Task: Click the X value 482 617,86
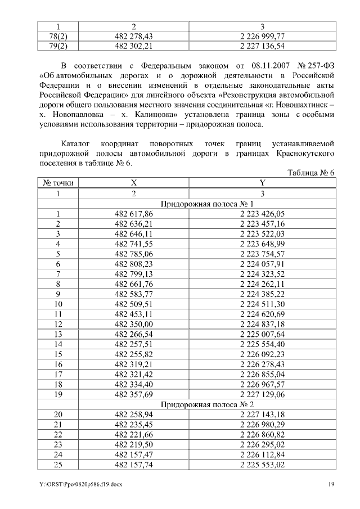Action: (133, 214)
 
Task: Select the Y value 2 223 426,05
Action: (262, 214)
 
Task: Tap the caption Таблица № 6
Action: (311, 172)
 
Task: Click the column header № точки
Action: (57, 183)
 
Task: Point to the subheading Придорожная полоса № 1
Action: (207, 204)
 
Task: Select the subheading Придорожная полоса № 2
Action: (207, 404)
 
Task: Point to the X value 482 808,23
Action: (133, 264)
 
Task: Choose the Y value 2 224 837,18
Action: (262, 324)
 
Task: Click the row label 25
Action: (57, 465)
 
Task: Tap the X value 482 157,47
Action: (133, 454)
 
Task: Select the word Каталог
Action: (77, 143)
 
